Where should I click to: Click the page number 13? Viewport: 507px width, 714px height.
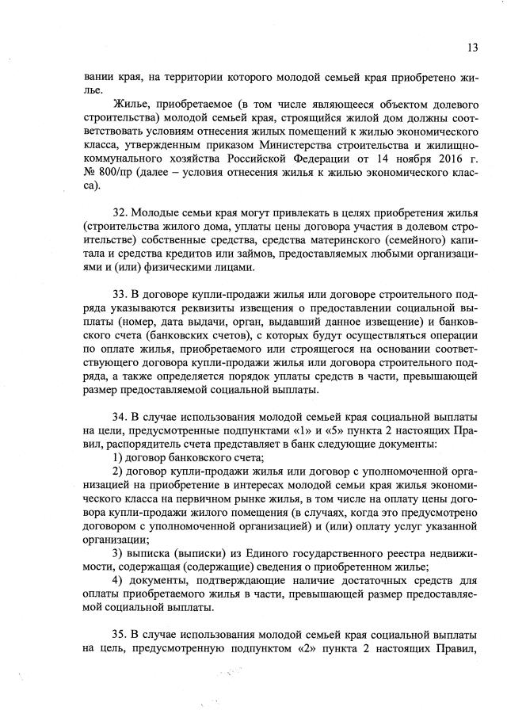point(472,47)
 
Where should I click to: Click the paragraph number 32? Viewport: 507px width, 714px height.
point(119,213)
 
